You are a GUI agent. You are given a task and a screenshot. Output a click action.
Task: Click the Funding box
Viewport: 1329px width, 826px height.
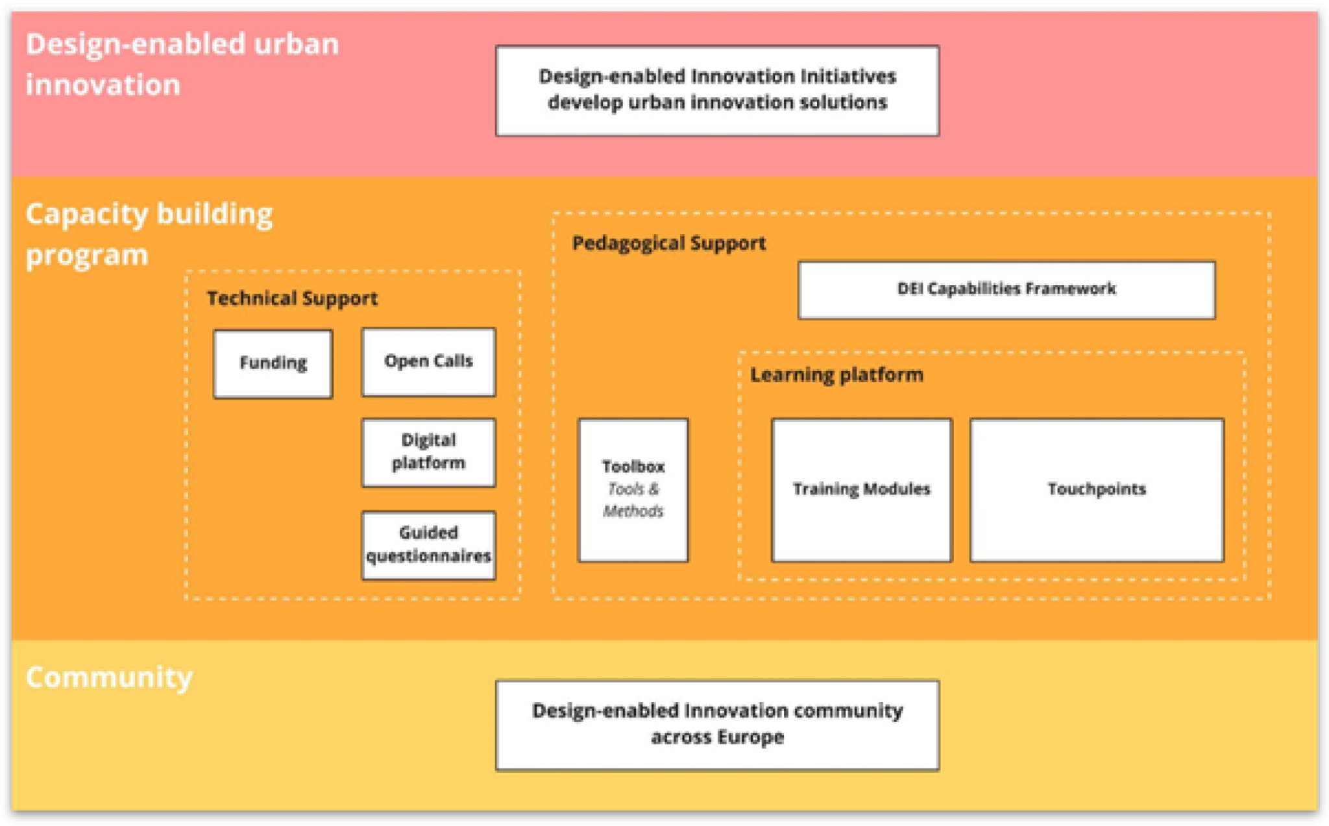coord(273,363)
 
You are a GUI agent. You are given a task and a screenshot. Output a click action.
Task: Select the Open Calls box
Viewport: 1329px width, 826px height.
coord(428,361)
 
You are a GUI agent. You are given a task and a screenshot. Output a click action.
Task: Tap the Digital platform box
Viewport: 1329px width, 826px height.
coord(428,452)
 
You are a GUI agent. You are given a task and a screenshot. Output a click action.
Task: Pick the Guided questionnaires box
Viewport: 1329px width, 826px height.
coord(428,545)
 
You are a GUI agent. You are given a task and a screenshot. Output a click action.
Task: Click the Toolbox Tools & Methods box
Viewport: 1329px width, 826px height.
coord(633,489)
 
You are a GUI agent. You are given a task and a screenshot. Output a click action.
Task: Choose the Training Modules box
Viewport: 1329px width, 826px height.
coord(861,489)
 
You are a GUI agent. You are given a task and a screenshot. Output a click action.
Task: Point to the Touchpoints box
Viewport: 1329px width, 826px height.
coord(1097,489)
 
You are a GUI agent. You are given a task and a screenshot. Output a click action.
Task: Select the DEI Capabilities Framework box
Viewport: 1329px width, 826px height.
coord(1006,289)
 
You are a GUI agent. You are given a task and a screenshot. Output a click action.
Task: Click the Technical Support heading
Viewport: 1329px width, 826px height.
coord(292,298)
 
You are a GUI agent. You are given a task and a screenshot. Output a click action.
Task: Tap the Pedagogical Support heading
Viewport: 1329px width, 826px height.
coord(668,243)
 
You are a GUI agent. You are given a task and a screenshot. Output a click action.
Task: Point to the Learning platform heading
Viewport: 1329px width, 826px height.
coord(836,375)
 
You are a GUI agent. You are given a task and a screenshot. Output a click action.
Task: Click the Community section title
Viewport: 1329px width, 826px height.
coord(109,677)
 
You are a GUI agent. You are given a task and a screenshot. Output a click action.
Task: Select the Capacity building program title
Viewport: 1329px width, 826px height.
coord(149,234)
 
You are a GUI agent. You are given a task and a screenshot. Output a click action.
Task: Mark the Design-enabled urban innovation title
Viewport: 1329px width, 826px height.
coord(182,64)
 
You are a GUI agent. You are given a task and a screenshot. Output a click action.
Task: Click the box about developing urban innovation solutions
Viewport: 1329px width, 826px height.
coord(717,90)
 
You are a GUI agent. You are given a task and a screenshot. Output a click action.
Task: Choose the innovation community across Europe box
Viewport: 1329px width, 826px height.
coord(717,724)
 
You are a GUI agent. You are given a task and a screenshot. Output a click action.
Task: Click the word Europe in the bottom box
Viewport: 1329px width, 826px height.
coord(751,738)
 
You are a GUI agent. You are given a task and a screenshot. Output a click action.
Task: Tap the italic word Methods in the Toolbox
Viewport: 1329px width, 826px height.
coord(633,511)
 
